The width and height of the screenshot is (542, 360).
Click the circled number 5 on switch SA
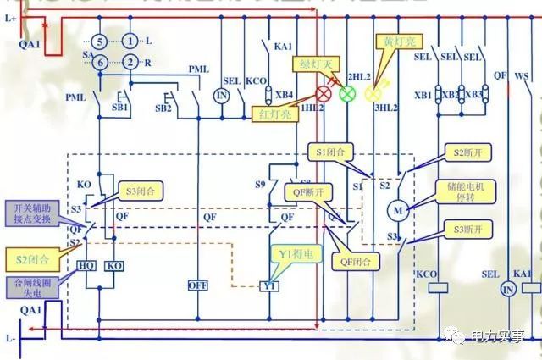(x=99, y=41)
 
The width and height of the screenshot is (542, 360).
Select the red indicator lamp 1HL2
(x=324, y=93)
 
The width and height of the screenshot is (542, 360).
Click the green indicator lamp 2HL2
(x=346, y=93)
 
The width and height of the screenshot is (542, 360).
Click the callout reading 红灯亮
(x=277, y=114)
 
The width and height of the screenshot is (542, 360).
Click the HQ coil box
(x=86, y=265)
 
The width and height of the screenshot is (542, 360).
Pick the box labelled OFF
(x=197, y=285)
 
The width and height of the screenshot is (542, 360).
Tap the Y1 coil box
(x=270, y=286)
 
